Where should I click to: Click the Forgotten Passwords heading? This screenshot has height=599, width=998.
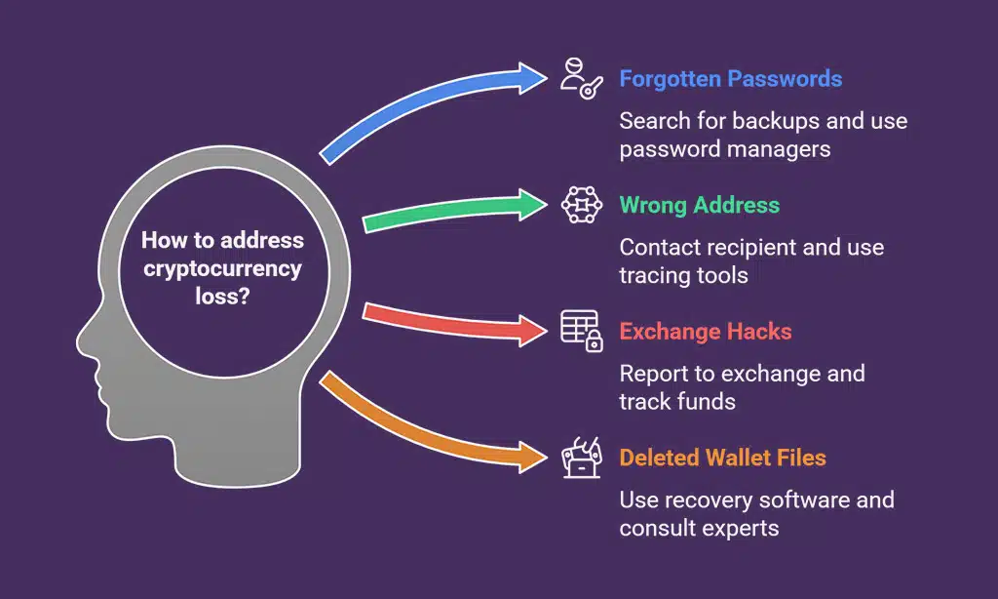click(x=730, y=79)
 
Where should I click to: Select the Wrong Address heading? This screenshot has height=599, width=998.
click(x=699, y=205)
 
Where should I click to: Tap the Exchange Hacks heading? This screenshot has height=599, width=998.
click(x=705, y=332)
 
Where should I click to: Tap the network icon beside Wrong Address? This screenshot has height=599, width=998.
click(x=581, y=205)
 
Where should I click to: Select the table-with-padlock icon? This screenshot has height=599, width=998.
click(x=581, y=331)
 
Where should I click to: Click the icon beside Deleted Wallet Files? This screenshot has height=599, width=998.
click(x=581, y=458)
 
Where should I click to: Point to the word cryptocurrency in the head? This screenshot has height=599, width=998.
click(x=223, y=268)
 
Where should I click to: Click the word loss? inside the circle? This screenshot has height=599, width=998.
click(x=223, y=297)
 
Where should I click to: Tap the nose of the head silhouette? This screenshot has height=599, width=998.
click(x=86, y=347)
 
